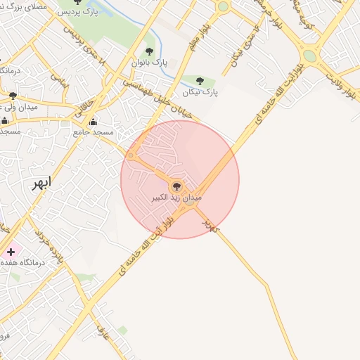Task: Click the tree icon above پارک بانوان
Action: (x=149, y=51)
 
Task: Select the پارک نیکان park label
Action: (x=200, y=92)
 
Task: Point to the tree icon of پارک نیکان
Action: (x=200, y=80)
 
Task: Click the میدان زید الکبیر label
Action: (x=176, y=199)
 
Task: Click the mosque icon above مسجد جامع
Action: (x=93, y=121)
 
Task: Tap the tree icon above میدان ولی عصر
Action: (x=13, y=96)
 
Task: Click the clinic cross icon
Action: (x=10, y=251)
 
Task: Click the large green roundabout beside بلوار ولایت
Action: (x=309, y=55)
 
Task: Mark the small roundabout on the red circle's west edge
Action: (x=130, y=155)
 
